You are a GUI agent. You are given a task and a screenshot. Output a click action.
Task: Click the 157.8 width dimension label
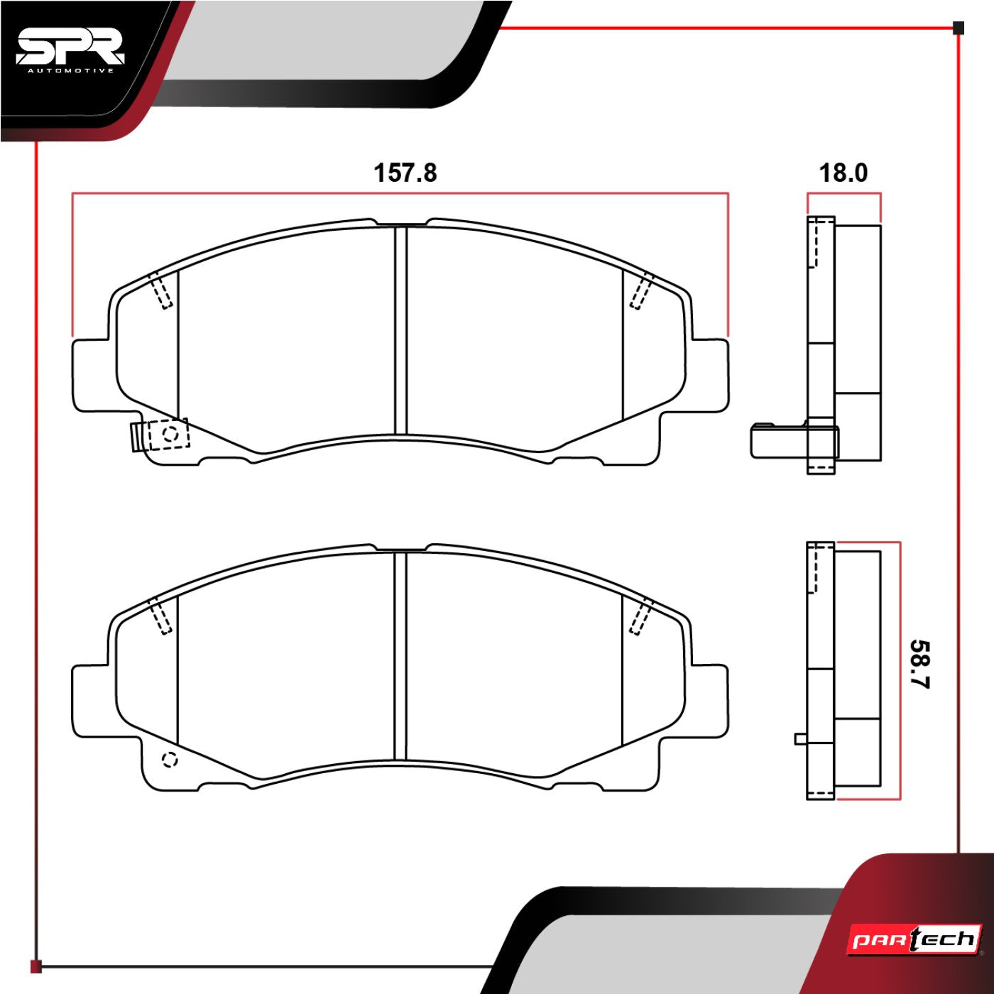tap(405, 173)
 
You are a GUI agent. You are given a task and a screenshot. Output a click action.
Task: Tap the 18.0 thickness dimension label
tap(843, 173)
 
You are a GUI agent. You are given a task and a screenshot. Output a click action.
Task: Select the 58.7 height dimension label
tap(920, 664)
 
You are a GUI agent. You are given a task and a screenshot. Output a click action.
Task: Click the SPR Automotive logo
tap(70, 50)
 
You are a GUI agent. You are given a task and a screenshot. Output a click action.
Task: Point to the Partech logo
tap(915, 940)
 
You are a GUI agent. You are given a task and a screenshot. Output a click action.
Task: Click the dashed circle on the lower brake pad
tap(170, 760)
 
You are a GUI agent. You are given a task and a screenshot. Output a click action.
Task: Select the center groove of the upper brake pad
tap(401, 330)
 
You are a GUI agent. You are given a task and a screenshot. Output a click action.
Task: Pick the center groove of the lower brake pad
tap(401, 655)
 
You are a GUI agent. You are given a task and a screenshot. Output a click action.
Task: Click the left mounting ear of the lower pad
tap(91, 701)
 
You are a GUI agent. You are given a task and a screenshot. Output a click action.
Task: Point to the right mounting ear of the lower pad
tap(710, 701)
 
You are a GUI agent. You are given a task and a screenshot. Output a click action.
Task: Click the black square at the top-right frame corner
tap(958, 28)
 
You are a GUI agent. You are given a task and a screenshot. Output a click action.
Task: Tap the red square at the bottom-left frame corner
tap(36, 966)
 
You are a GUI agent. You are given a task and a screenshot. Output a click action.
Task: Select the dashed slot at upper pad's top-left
tap(160, 290)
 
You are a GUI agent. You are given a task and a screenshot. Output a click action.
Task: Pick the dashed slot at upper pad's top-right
tap(642, 290)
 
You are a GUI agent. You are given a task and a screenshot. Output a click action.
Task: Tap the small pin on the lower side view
tap(800, 738)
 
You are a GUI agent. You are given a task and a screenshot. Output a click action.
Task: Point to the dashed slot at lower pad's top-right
tap(642, 616)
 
